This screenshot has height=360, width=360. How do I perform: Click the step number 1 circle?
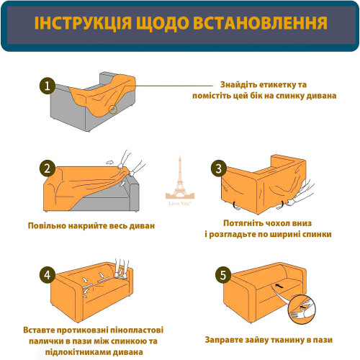coord(48,86)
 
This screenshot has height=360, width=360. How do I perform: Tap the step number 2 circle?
coord(48,170)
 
